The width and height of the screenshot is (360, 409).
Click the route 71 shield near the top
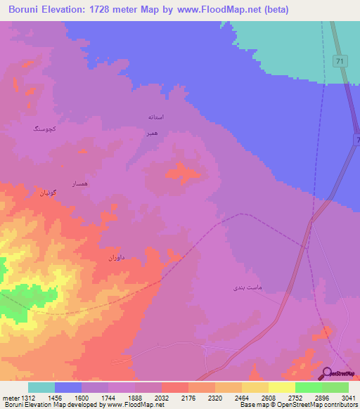pyautogui.click(x=340, y=62)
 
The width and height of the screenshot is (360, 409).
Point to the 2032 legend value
pyautogui.click(x=161, y=398)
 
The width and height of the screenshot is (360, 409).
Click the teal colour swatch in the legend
pyautogui.click(x=41, y=387)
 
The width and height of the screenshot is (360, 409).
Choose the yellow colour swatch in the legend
pyautogui.click(x=281, y=387)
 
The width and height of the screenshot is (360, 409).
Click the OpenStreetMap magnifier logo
pyautogui.click(x=328, y=372)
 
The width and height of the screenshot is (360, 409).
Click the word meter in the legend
pyautogui.click(x=11, y=398)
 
